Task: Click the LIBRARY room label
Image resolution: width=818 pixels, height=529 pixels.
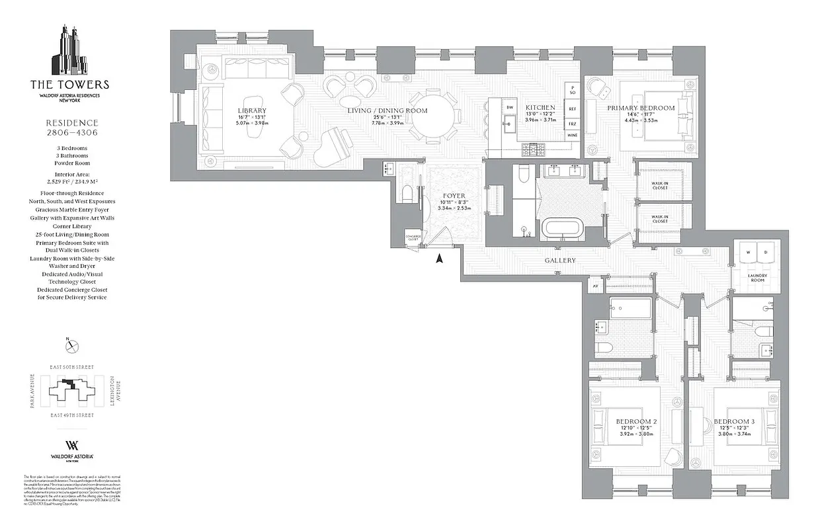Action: [252, 110]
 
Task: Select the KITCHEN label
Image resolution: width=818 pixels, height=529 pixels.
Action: [540, 107]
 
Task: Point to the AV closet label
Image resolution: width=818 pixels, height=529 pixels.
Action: [595, 286]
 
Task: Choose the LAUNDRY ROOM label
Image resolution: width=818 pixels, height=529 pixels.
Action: [757, 278]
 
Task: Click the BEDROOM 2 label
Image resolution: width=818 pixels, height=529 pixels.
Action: [635, 422]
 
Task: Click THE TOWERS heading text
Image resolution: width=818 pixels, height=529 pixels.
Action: [69, 85]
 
